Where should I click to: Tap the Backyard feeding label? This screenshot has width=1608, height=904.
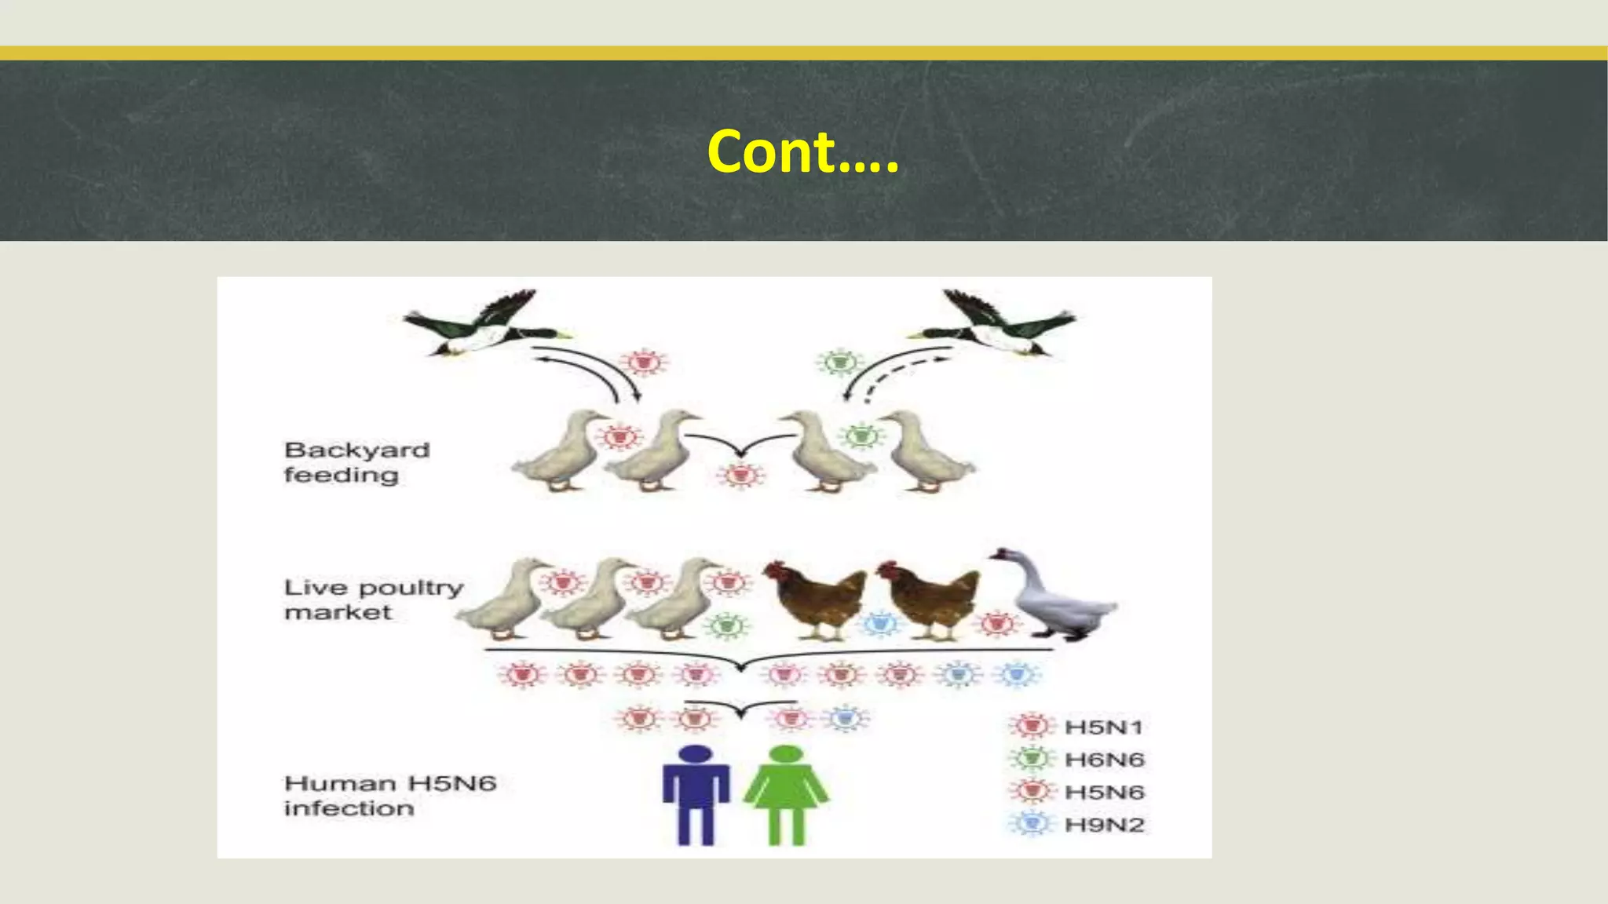tap(356, 462)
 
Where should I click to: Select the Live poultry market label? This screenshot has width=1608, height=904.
tap(373, 600)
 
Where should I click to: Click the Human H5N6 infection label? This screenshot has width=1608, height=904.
tap(389, 795)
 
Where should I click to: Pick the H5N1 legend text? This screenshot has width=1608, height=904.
tap(1103, 727)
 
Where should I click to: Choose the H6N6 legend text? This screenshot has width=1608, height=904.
tap(1103, 760)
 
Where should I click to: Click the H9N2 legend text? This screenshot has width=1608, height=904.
tap(1103, 825)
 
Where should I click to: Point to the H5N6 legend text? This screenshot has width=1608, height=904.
tap(1103, 793)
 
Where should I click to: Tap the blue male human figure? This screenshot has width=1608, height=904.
tap(696, 794)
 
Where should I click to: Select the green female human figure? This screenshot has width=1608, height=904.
tap(786, 794)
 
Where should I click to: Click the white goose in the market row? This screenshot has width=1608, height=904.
tap(1056, 596)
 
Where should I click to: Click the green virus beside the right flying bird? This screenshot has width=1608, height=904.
tap(840, 363)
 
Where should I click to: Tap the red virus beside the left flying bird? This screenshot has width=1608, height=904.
tap(644, 363)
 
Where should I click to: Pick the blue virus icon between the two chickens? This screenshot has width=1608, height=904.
tap(880, 625)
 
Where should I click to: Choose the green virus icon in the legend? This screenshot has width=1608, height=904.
tap(1031, 759)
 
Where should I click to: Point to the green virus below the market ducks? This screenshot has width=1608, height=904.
tap(728, 625)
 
